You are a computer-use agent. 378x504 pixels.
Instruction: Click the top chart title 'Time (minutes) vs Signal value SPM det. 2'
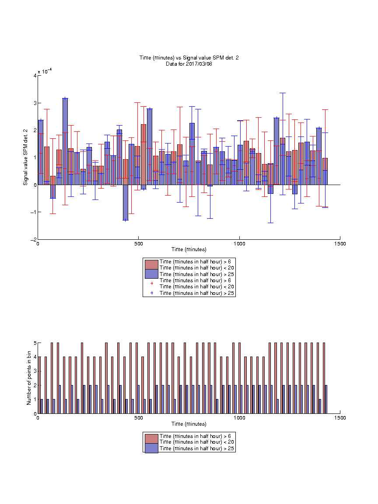click(x=189, y=58)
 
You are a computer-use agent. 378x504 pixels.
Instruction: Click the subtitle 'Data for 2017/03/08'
click(x=189, y=63)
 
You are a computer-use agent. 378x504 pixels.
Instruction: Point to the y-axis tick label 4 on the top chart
click(x=35, y=76)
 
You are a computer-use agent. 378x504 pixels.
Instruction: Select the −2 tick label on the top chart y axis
click(x=34, y=239)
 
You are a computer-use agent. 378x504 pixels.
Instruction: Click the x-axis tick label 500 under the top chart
click(x=139, y=244)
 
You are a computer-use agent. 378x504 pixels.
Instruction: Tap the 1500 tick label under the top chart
click(x=340, y=244)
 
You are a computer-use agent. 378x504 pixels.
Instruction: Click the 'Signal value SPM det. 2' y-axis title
click(x=25, y=157)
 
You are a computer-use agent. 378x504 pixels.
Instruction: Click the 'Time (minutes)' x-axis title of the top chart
click(x=189, y=249)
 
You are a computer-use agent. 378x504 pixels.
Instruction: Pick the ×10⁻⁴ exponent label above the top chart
click(x=45, y=71)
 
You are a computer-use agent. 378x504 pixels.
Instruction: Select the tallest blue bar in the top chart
click(x=65, y=141)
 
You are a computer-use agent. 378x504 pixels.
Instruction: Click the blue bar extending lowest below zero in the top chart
click(x=126, y=203)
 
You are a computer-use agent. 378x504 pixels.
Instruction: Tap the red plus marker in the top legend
click(x=152, y=283)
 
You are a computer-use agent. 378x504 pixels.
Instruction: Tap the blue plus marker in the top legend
click(x=152, y=293)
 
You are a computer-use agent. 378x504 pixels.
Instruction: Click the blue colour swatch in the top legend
click(x=151, y=274)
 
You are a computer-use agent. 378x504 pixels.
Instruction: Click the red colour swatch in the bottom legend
click(x=151, y=439)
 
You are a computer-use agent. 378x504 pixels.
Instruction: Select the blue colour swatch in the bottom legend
click(x=151, y=448)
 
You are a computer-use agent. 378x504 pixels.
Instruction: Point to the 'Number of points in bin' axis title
click(x=29, y=378)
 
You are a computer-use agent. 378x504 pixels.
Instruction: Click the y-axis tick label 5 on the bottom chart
click(x=35, y=343)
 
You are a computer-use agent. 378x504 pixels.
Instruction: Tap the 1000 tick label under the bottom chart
click(x=239, y=418)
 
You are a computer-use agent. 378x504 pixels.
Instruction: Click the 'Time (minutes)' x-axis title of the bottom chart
click(x=189, y=424)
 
